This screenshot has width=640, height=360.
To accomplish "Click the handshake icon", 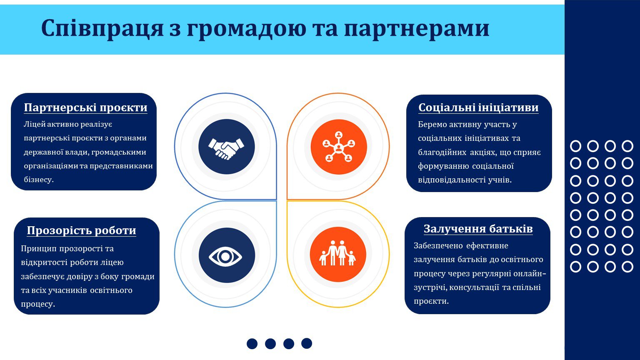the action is [226, 149].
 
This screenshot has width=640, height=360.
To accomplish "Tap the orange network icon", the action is [339, 147].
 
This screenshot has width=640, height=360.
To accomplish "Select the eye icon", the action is [225, 257].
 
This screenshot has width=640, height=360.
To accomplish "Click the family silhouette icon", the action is [337, 253].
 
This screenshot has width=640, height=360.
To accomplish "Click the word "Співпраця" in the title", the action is [102, 29].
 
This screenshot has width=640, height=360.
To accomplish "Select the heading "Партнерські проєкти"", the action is [85, 108].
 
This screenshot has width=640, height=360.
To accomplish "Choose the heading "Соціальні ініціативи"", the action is [478, 108].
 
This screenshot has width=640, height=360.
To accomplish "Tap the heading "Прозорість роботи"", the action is [81, 230].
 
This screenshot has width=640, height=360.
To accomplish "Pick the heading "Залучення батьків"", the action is [478, 229].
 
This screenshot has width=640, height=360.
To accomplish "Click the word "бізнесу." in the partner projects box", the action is [39, 180].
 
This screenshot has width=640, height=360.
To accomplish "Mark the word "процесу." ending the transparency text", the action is [38, 304].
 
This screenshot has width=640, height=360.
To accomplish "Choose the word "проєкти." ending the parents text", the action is [431, 301].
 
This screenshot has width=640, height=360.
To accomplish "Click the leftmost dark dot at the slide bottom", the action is [252, 343].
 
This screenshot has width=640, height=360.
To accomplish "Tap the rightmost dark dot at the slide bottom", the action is [307, 343].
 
